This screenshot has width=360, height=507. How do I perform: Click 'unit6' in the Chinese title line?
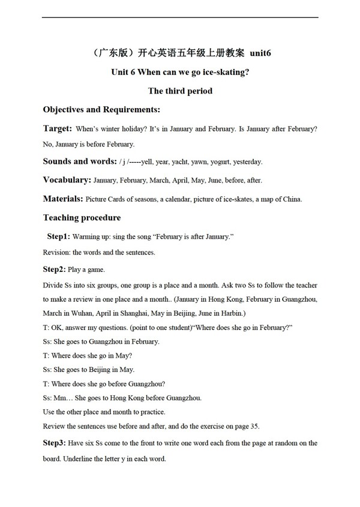coord(259,53)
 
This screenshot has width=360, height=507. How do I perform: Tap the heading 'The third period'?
coord(180,91)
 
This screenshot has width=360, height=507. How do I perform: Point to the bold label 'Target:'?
coord(58,128)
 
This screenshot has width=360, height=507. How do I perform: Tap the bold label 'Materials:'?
coord(63,199)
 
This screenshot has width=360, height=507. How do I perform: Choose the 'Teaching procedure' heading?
coord(82,218)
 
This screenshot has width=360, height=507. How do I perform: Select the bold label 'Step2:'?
coord(56,269)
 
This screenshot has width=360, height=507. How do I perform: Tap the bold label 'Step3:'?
coord(56,443)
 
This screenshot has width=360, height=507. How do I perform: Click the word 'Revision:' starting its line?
coord(56,253)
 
